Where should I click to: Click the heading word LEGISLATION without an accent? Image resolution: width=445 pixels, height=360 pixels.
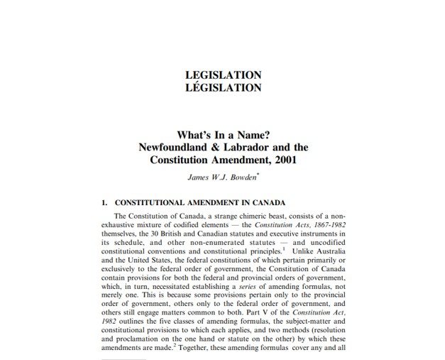pyautogui.click(x=222, y=75)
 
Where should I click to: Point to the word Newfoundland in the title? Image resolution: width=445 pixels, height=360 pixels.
pyautogui.click(x=181, y=148)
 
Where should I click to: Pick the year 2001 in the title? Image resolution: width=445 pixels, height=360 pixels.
pyautogui.click(x=282, y=160)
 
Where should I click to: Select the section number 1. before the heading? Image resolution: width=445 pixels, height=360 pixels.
pyautogui.click(x=104, y=202)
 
